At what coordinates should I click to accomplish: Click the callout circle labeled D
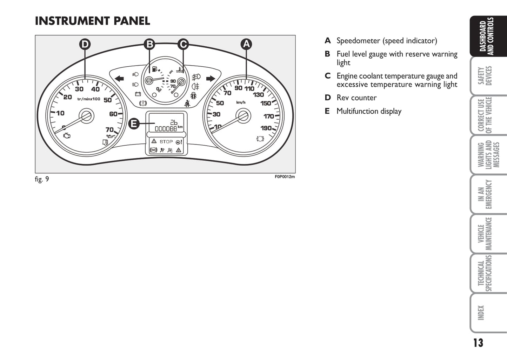85,45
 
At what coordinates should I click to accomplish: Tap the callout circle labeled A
246,44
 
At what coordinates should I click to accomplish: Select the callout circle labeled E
134,124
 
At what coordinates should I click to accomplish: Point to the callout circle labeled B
150,44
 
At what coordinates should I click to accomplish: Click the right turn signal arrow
211,78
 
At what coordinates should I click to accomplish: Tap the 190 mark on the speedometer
266,128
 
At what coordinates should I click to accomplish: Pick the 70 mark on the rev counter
110,130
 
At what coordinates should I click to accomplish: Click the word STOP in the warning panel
166,142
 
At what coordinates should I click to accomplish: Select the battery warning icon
138,94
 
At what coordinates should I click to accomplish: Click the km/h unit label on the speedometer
241,102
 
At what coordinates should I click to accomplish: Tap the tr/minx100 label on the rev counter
89,99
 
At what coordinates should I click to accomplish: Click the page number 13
478,343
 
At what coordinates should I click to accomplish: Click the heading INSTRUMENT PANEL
93,21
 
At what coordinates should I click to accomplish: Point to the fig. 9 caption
42,179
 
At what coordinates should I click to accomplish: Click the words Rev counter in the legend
356,98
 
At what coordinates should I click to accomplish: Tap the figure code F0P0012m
285,177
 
